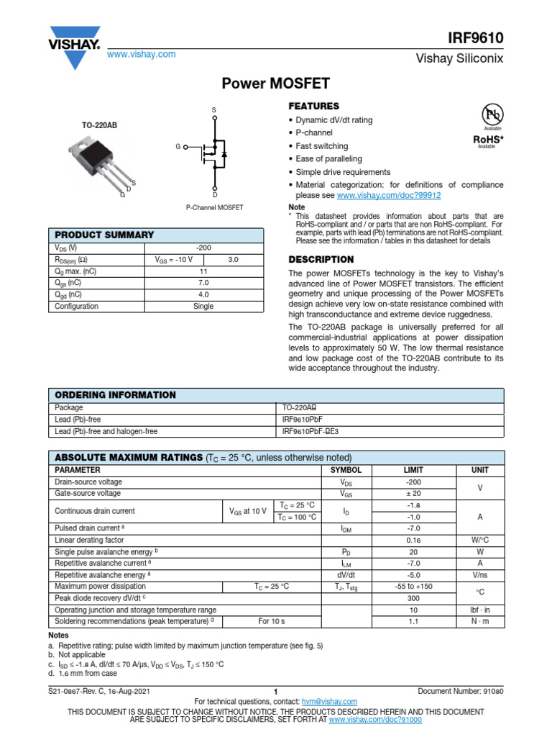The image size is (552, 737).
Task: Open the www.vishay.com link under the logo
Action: pos(142,55)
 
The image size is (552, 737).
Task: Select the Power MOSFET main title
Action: pos(275,84)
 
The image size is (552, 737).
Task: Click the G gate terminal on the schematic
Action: pos(178,147)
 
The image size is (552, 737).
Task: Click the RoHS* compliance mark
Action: pos(487,138)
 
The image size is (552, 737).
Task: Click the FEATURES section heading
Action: pos(313,106)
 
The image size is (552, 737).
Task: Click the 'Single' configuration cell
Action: pos(203,306)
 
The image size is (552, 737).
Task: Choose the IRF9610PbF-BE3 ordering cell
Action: pos(310,432)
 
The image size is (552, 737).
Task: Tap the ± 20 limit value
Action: pos(413,494)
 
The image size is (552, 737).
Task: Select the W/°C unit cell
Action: pos(479,540)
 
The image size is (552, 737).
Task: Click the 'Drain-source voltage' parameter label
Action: pos(88,481)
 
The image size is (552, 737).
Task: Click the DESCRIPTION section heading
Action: pos(321,259)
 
